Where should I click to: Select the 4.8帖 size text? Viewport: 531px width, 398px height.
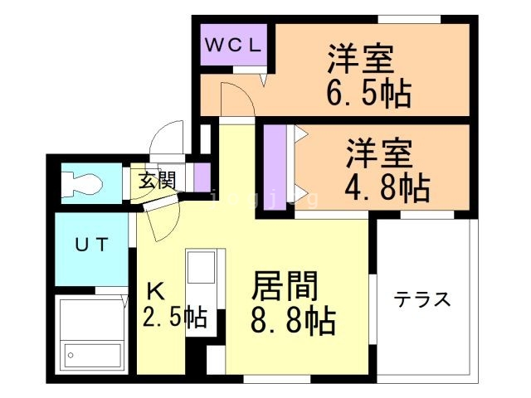(x=387, y=187)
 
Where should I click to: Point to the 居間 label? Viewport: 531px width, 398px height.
(x=285, y=285)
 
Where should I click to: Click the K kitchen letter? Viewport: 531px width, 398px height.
(x=155, y=291)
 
